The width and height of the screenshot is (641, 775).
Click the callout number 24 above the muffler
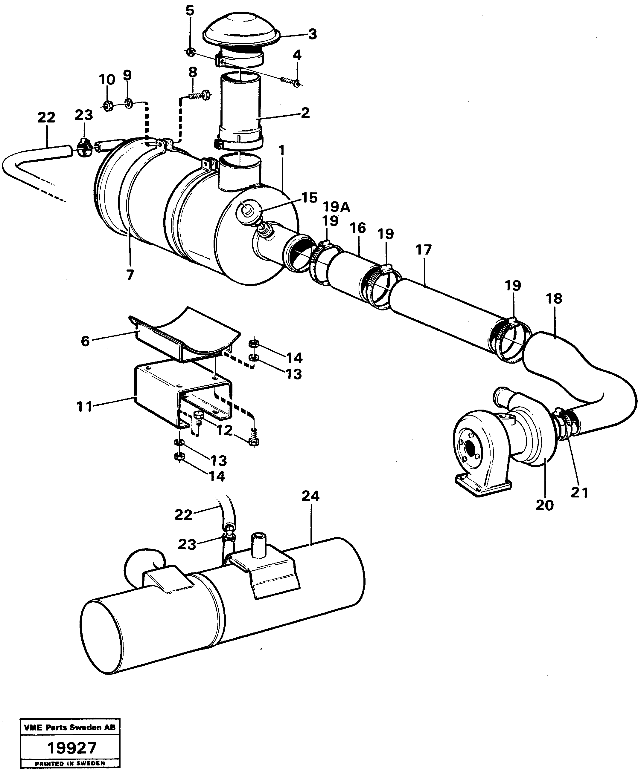pos(310,496)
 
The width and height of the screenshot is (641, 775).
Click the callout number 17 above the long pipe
pos(424,250)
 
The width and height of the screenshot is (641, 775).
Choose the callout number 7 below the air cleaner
pos(130,275)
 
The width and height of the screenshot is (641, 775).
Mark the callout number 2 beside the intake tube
pos(305,113)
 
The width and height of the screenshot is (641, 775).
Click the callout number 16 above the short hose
pos(357,228)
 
